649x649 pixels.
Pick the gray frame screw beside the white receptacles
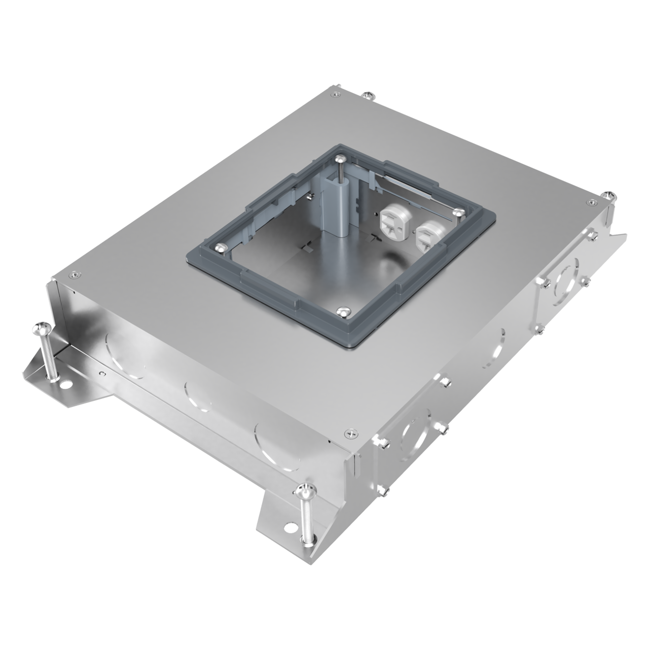point(458,213)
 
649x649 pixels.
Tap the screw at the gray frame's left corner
point(220,247)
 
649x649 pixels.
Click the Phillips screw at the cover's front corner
point(351,432)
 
